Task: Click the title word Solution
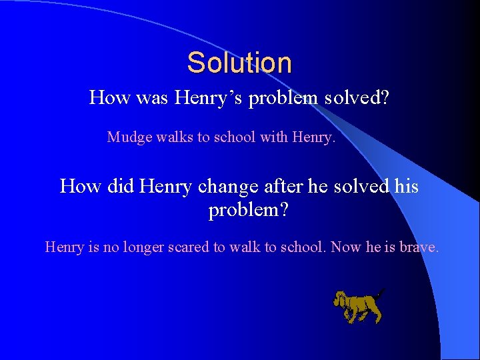point(239,63)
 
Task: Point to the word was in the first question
point(152,99)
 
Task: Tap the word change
point(225,186)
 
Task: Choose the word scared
point(196,247)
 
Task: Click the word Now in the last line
point(346,247)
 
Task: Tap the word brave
point(419,247)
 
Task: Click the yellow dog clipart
point(359,306)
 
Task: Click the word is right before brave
point(391,247)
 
